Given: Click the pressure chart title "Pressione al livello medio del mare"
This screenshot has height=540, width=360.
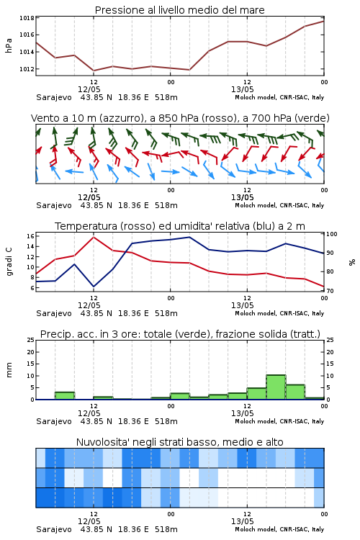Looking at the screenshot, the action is point(179,10).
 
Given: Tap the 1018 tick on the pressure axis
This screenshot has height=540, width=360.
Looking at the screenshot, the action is point(27,18).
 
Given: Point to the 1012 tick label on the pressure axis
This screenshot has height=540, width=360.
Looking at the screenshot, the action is point(27,69).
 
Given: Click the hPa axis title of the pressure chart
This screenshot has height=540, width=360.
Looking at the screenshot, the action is point(9,45).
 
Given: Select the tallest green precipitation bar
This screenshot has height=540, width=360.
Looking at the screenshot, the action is point(276,387).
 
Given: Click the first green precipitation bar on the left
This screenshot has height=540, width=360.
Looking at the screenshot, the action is point(65,396).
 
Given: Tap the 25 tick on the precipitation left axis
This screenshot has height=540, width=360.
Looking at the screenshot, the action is point(31,340).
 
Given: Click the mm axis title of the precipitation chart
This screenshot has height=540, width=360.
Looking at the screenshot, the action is point(9,369).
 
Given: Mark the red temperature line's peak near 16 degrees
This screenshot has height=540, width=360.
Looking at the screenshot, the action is point(94,237).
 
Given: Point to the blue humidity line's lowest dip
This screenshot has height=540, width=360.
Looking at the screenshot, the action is point(94,286).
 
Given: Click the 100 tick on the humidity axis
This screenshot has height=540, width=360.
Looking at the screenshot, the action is point(332,234).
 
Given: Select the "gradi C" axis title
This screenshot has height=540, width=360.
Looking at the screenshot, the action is point(9,261).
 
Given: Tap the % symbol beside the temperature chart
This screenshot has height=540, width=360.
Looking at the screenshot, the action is point(352,262).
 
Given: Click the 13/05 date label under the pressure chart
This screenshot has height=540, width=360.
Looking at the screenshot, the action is point(242,89).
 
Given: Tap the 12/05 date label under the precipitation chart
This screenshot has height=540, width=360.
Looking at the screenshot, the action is point(89,413).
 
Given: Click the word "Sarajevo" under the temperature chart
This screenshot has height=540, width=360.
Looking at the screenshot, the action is point(54,313).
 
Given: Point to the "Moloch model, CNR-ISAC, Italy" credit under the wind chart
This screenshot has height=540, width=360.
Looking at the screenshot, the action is point(279,205).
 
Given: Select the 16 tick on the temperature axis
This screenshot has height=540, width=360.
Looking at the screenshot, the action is point(30,236).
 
